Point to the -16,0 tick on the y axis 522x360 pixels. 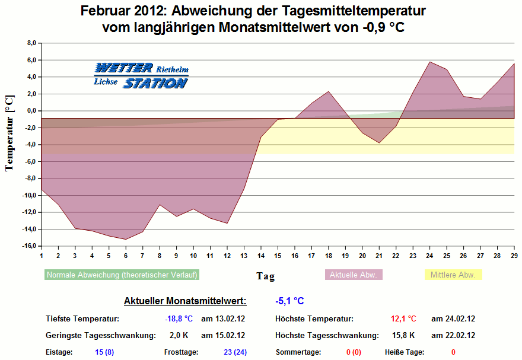coord(30,246)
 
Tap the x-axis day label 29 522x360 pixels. coord(514,255)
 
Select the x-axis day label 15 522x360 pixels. coord(278,255)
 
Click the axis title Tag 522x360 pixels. coord(265,276)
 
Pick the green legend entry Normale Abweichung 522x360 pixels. coord(122,275)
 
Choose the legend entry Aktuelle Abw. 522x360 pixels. coord(354,275)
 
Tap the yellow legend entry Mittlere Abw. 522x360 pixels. coord(454,275)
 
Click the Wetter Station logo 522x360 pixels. coord(141,75)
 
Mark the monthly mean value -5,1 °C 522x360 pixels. coord(289,301)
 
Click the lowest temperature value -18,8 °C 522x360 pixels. coord(179,318)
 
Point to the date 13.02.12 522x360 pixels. coord(223,318)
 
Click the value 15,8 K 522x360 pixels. coord(404,335)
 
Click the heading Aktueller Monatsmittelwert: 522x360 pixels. coord(184,301)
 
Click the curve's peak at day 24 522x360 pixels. coord(429,62)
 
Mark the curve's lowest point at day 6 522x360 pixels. coord(126,239)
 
